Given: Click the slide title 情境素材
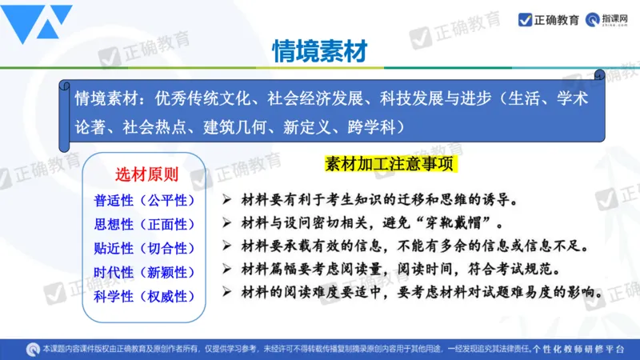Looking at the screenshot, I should point(319,51).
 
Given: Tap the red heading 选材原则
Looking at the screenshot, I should point(147,175).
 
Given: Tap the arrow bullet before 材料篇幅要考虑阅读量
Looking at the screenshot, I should point(227,266).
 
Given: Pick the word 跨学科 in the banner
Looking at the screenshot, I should point(372,126).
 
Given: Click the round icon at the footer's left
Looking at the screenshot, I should point(33,349).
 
